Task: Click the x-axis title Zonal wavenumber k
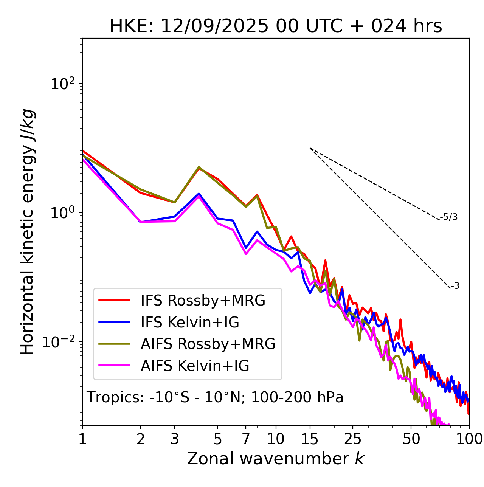click(x=275, y=459)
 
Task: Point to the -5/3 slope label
click(x=449, y=217)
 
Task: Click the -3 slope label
click(x=455, y=286)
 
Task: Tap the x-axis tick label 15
click(x=310, y=439)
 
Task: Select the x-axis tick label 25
click(x=353, y=439)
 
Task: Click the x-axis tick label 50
click(x=411, y=439)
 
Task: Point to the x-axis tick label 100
click(x=469, y=439)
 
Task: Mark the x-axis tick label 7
click(x=246, y=439)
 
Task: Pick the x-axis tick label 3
click(x=175, y=439)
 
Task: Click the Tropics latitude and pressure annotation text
click(x=215, y=397)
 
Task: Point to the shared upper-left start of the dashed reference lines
click(x=310, y=148)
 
